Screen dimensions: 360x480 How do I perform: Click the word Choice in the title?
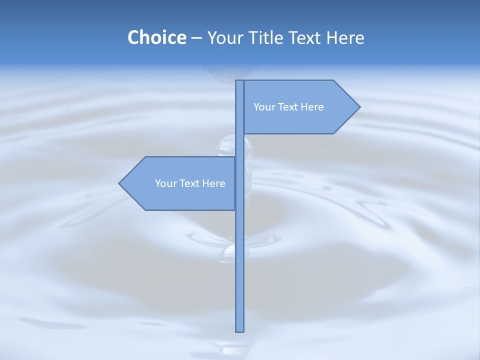(156, 38)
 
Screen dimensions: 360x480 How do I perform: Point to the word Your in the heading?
(222, 38)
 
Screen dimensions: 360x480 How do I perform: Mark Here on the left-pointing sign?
(213, 183)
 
